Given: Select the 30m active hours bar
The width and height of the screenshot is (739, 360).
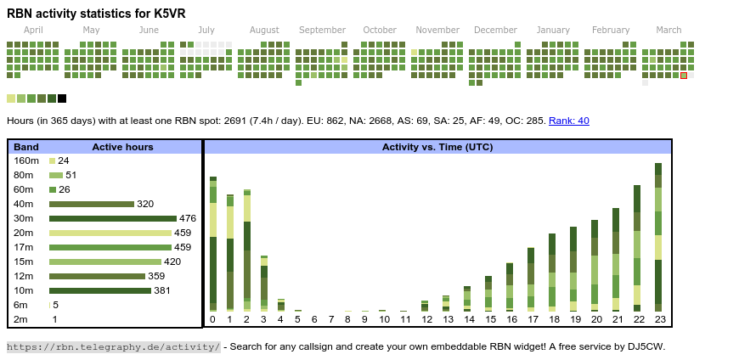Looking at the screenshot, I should point(112,218).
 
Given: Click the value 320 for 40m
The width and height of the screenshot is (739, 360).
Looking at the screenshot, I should point(145,204).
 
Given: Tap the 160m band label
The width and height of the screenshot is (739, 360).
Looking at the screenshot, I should point(26,160).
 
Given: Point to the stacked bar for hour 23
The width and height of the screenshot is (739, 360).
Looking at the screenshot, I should point(657,238).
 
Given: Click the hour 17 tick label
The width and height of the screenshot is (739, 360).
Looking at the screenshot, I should point(531,319).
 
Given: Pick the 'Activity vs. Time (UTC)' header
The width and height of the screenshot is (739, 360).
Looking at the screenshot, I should point(437,147).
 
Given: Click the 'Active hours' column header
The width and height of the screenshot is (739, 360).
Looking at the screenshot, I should point(122,147).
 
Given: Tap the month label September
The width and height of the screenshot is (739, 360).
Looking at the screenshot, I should point(322,30).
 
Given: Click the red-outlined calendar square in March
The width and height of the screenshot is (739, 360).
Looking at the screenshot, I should point(684,76).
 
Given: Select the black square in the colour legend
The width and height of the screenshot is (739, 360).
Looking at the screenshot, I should point(62,98).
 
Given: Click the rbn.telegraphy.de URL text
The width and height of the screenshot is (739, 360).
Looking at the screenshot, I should point(114,346).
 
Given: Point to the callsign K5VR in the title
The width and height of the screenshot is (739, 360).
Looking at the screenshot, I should point(168,14).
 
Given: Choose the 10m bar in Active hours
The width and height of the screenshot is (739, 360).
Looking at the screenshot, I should point(99,290).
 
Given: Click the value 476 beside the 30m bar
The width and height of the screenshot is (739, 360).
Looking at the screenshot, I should point(188,218).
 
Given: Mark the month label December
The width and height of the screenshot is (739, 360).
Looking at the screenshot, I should point(495,30).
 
